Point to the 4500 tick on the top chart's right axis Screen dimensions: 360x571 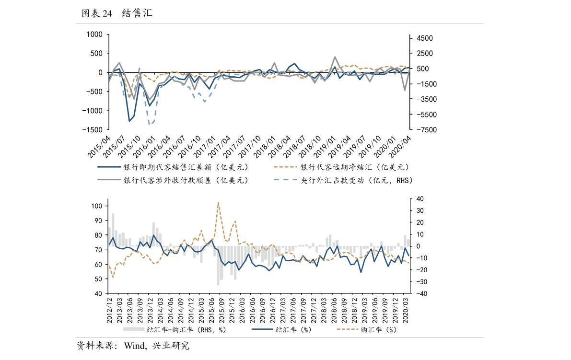(x=424, y=38)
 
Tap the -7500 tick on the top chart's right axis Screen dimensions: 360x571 (x=424, y=130)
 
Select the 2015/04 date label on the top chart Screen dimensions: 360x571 (x=99, y=146)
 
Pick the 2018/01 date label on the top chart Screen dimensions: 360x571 (x=265, y=146)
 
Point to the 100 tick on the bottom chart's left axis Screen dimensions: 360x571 (x=97, y=206)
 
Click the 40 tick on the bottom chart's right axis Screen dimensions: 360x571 (x=419, y=199)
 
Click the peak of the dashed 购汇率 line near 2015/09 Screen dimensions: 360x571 (x=218, y=202)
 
